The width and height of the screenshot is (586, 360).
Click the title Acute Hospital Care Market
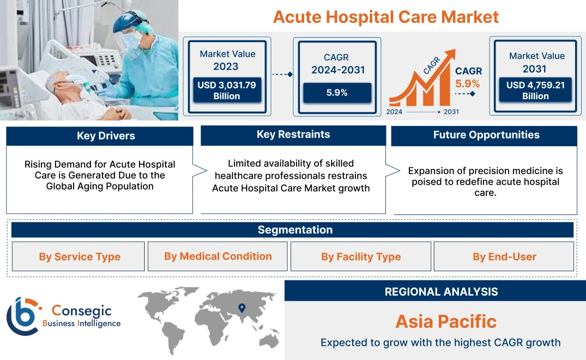[x=385, y=17]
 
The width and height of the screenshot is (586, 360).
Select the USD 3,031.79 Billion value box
[x=226, y=91]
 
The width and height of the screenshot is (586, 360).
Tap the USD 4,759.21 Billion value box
[x=535, y=91]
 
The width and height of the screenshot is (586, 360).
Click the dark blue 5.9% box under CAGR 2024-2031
[x=337, y=93]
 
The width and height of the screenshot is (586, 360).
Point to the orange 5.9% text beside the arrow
[x=467, y=83]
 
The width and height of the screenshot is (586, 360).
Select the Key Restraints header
[x=293, y=135]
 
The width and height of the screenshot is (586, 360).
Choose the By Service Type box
[x=80, y=256]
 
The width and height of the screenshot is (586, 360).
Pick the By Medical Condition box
[x=218, y=256]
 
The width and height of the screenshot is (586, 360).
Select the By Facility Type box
[x=361, y=256]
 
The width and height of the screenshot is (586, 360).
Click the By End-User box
[x=504, y=256]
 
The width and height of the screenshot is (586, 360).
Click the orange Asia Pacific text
[x=446, y=321]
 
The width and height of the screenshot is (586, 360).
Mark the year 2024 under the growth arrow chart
[x=395, y=112]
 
